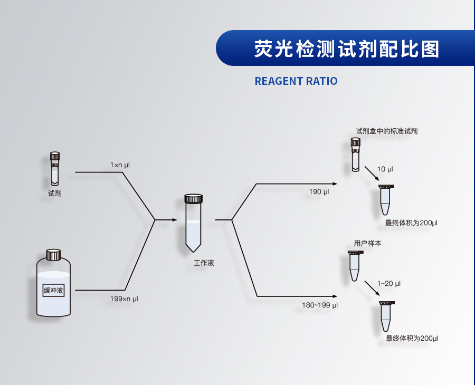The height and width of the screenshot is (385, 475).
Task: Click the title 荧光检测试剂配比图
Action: coord(346,49)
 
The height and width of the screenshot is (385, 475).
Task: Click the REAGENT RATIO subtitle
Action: coord(296,81)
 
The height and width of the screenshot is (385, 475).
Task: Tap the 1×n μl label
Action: coord(120,165)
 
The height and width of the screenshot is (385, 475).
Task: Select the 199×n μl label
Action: coord(124,299)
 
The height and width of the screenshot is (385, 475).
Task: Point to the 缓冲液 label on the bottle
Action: coord(53,290)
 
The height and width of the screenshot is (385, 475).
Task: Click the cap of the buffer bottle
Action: coord(53,255)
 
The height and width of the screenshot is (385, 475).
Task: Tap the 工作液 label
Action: coord(204,263)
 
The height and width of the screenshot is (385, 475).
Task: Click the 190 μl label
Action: coord(319,192)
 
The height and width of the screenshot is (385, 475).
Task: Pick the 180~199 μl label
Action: coord(320,305)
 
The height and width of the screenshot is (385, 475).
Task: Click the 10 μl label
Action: coord(385,169)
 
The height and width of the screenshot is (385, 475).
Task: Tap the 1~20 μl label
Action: coord(388,284)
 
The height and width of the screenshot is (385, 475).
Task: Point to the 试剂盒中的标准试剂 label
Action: coord(387,131)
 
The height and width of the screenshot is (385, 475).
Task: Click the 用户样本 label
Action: coord(367,244)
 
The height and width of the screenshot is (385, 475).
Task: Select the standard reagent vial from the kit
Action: coord(356,154)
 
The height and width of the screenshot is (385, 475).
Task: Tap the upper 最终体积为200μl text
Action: coord(411,223)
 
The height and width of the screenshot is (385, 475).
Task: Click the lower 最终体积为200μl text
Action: coord(412,338)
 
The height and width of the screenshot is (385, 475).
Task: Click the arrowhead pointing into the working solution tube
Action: coord(175,219)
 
